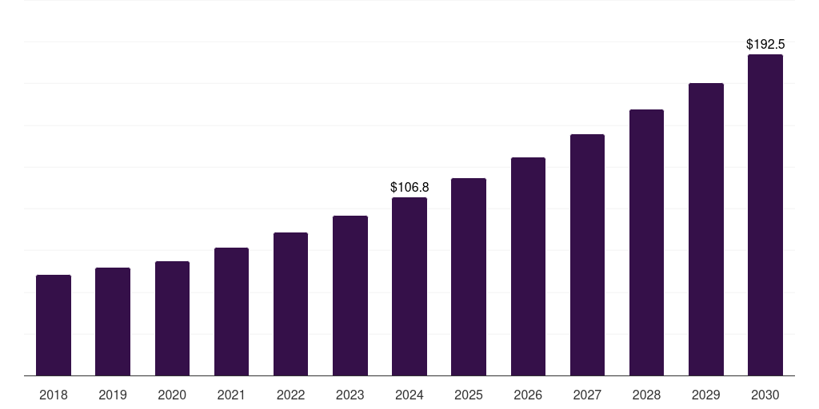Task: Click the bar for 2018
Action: point(54,325)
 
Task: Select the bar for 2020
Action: point(172,318)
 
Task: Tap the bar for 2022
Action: point(290,304)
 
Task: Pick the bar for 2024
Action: point(409,286)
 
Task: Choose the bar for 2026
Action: point(528,266)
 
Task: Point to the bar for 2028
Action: point(646,242)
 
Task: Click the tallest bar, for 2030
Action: point(765,215)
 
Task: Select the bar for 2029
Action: point(706,229)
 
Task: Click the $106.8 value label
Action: point(409,187)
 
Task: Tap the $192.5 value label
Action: point(765,45)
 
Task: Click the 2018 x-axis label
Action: point(54,395)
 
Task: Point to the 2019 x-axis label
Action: point(113,395)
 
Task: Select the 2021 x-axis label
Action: point(231,395)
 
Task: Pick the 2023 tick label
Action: point(350,395)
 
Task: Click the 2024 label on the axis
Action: point(409,395)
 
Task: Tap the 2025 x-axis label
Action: point(469,395)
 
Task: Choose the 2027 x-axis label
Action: point(587,395)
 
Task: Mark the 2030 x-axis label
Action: point(765,395)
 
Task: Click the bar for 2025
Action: point(469,276)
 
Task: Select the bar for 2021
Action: point(231,312)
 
